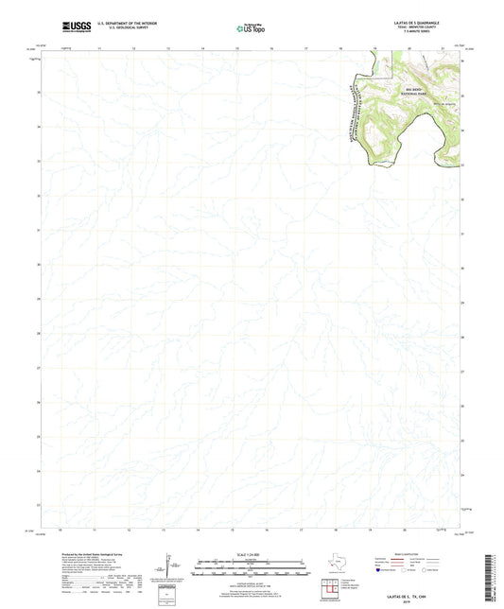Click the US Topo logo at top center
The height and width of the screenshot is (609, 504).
click(x=247, y=29)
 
